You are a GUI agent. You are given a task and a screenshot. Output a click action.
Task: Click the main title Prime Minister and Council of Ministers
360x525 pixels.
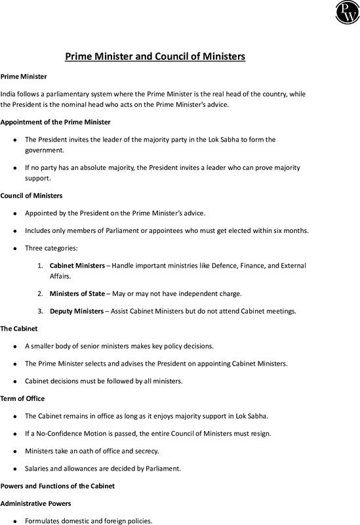point(155,56)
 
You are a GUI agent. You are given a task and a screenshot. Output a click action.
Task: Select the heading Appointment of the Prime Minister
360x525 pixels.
point(56,122)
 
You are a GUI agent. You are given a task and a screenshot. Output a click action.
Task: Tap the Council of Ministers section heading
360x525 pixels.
point(31,196)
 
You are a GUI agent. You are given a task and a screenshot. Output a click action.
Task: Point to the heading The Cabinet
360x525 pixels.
point(19,328)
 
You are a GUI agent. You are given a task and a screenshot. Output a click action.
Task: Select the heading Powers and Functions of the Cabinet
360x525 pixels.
point(58,486)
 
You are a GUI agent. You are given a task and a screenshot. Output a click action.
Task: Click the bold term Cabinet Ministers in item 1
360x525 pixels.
point(77,266)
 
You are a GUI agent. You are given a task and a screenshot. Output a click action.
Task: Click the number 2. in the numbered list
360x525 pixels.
point(40,293)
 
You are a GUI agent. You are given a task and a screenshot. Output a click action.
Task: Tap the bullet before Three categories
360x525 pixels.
point(15,249)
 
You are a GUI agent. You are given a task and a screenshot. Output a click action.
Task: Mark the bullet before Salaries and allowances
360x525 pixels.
point(15,469)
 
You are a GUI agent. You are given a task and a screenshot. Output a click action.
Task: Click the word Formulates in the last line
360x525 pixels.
point(43,521)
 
